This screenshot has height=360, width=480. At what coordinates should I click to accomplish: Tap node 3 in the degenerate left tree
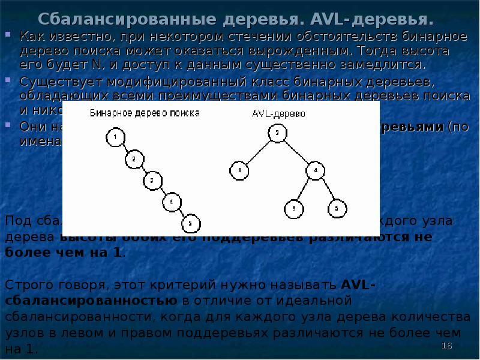152,180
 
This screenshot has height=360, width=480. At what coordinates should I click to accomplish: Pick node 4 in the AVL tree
315,171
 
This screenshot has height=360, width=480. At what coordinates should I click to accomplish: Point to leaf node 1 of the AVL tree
239,171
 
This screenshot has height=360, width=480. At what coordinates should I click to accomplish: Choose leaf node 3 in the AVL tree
294,209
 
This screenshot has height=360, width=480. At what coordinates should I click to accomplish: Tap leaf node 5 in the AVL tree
336,209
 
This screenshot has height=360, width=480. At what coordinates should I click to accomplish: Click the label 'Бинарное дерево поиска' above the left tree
145,112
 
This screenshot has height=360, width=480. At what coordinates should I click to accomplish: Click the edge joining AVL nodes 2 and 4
296,152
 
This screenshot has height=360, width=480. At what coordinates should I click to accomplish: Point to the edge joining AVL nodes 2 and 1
257,152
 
